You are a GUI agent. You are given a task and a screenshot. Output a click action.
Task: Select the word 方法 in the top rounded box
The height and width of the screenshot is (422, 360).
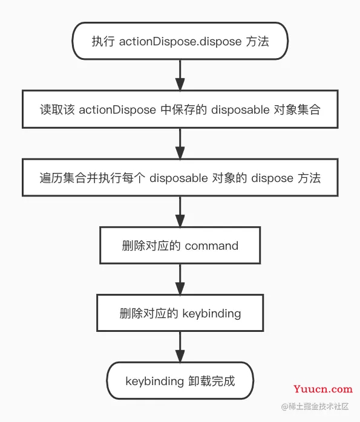point(257,41)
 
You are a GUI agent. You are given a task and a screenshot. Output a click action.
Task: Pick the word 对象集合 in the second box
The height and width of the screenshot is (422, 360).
point(299,109)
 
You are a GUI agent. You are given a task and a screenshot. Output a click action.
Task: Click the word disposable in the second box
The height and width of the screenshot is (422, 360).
point(240,109)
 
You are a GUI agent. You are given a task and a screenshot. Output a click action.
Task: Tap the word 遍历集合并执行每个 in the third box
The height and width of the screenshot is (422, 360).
point(93,178)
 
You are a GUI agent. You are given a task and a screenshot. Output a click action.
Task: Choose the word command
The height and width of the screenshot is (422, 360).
point(212,245)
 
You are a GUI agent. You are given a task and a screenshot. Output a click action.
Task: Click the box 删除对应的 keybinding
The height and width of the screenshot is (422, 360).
point(180,313)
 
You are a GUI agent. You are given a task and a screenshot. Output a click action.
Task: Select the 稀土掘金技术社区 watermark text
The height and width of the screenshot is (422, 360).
point(315,406)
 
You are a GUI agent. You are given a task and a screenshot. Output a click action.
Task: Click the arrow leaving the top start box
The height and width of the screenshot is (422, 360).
point(180,74)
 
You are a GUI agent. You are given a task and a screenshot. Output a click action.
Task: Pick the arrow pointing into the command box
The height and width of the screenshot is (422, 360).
point(180,211)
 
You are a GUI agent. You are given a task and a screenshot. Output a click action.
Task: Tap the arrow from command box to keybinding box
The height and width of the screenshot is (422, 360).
point(180,279)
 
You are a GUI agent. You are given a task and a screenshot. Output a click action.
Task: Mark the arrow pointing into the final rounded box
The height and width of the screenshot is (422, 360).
point(180,347)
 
